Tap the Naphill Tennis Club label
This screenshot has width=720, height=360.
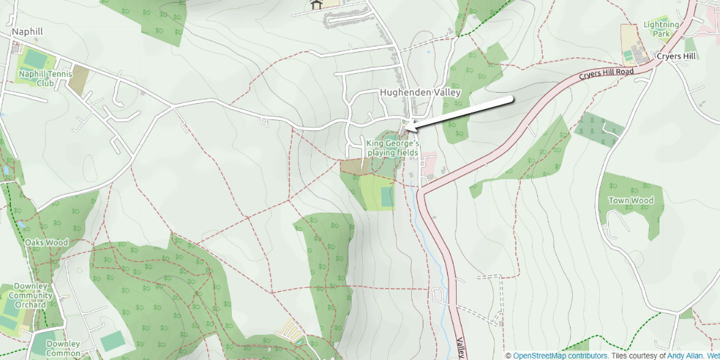pyautogui.click(x=36, y=78)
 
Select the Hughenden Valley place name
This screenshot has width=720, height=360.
pyautogui.click(x=420, y=93)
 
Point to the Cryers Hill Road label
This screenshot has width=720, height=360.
pyautogui.click(x=606, y=73)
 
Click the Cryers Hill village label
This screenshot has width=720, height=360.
pyautogui.click(x=676, y=56)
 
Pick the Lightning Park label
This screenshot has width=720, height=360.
pyautogui.click(x=661, y=29)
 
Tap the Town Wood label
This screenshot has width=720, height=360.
pyautogui.click(x=631, y=200)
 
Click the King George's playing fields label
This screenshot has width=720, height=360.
pyautogui.click(x=392, y=148)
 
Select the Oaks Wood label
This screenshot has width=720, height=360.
pyautogui.click(x=46, y=242)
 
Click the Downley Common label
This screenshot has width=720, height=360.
pyautogui.click(x=63, y=348)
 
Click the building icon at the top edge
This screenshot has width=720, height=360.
pyautogui.click(x=316, y=5)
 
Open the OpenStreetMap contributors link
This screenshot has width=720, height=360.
pyautogui.click(x=560, y=355)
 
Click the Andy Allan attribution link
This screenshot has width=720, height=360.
pyautogui.click(x=678, y=355)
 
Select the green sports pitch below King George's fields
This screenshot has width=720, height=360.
pyautogui.click(x=387, y=197)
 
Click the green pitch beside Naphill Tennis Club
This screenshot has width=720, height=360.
pyautogui.click(x=33, y=57)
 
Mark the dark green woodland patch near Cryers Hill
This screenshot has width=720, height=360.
pyautogui.click(x=597, y=129)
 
